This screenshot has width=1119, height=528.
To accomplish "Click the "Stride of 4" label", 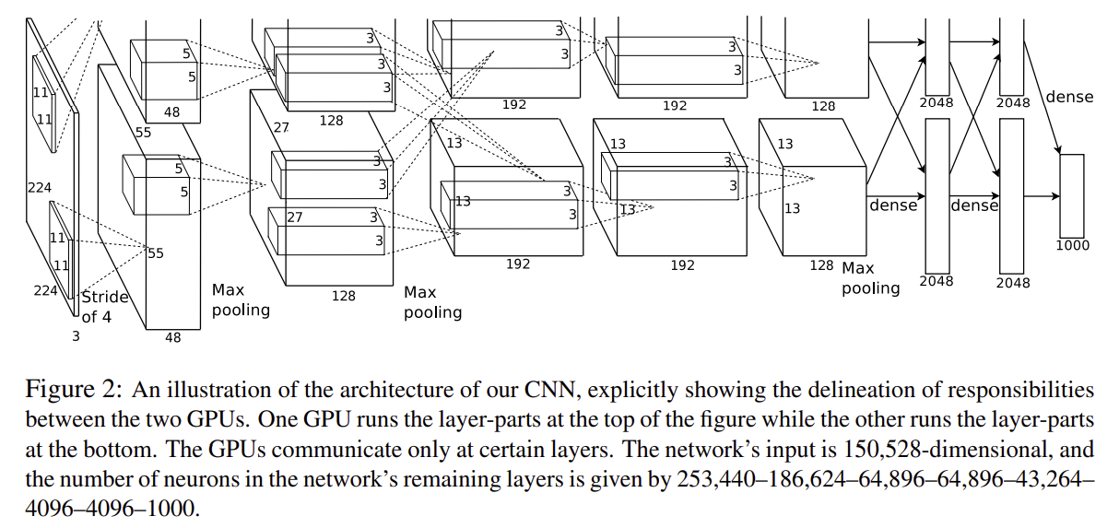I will (x=104, y=307).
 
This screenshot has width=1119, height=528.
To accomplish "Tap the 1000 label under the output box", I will (x=1072, y=245).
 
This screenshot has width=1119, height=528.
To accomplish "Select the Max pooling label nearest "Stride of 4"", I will (x=241, y=299).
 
